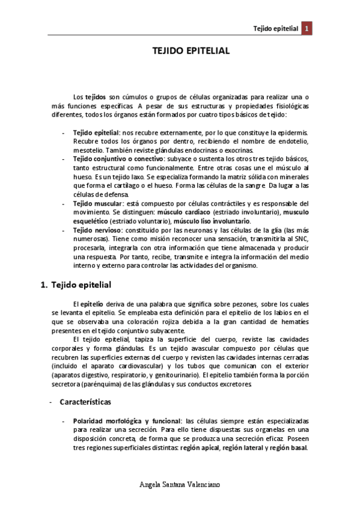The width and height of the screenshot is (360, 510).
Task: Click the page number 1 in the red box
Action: pyautogui.click(x=307, y=28)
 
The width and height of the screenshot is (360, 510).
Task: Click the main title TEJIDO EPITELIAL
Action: pyautogui.click(x=190, y=51)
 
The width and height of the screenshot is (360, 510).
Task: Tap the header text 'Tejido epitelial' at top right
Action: pyautogui.click(x=276, y=28)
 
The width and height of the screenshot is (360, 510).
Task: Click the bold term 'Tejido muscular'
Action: pyautogui.click(x=95, y=204)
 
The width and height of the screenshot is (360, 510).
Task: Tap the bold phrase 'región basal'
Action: pyautogui.click(x=286, y=447)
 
